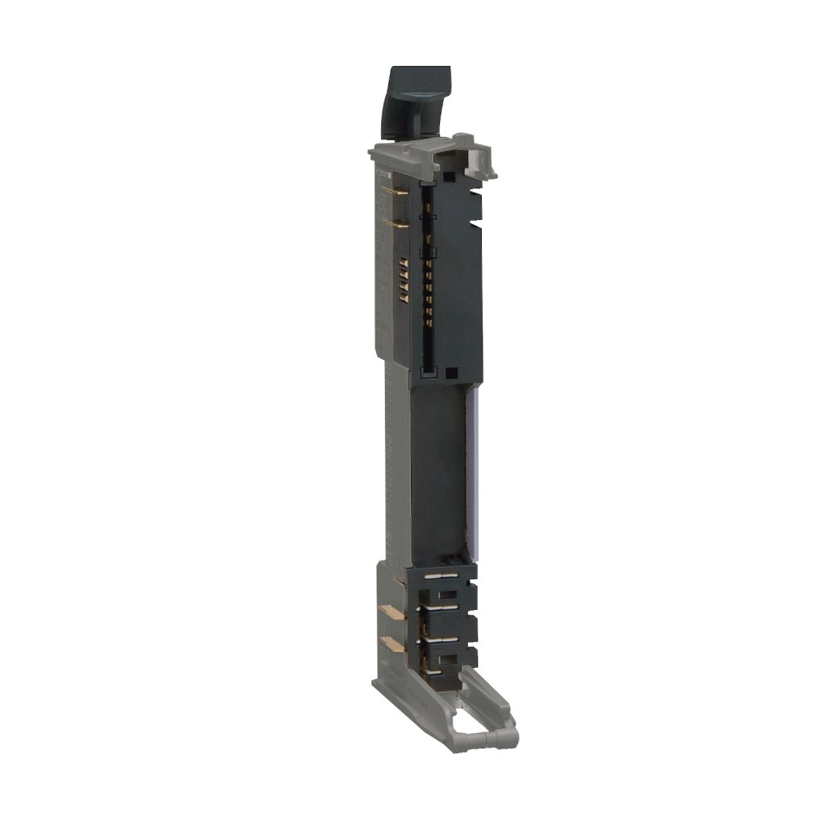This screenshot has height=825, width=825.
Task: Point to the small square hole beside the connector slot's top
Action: point(448,172)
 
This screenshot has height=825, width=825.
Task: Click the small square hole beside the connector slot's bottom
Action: point(451,373)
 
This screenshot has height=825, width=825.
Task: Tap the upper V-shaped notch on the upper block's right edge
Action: point(475,193)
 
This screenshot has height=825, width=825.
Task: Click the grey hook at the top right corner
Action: point(483,160)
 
